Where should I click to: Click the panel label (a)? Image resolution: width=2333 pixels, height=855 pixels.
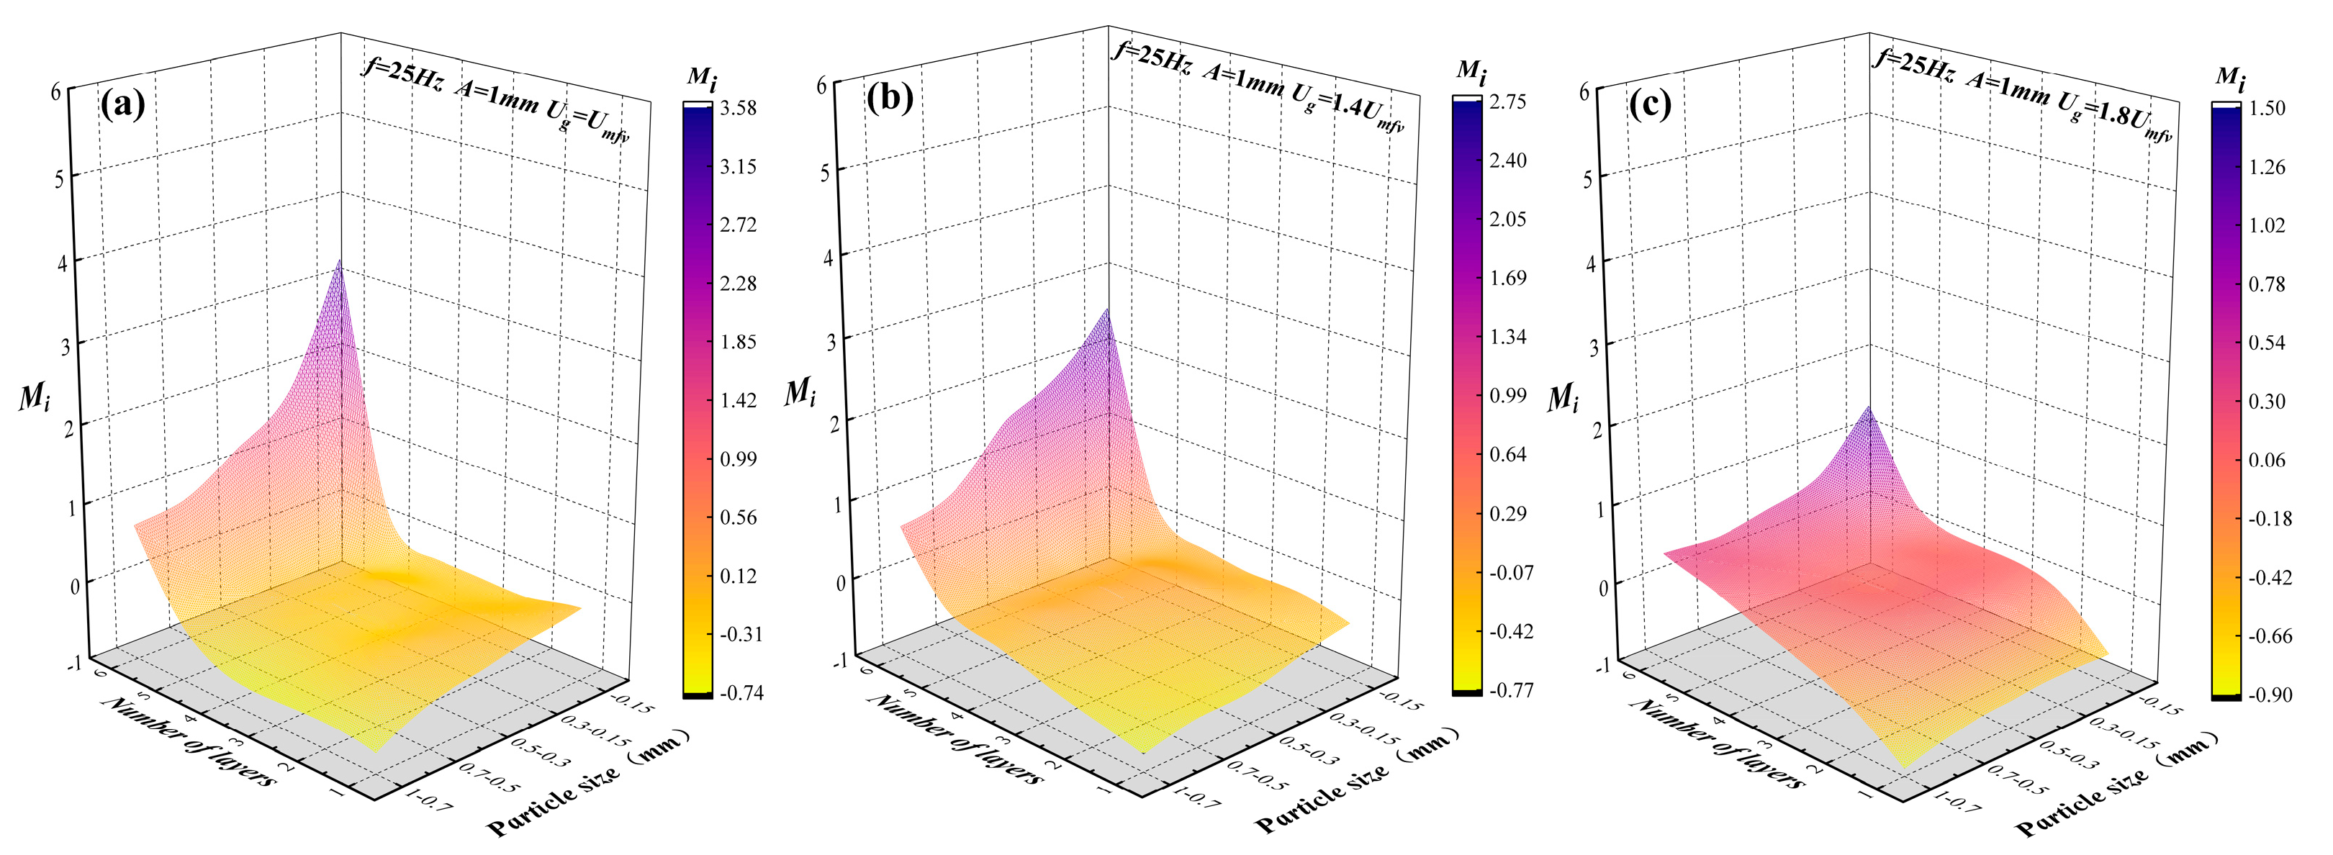point(122,105)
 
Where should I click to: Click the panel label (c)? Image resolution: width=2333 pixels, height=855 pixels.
point(1649,105)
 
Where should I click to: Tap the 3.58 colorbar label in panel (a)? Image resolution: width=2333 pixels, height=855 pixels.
point(738,108)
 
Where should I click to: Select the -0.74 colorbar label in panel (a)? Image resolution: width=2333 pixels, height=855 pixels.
point(741,693)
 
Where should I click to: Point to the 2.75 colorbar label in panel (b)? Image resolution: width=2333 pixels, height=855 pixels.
point(1507,101)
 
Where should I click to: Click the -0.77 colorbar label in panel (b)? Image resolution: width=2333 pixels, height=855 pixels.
point(1510,690)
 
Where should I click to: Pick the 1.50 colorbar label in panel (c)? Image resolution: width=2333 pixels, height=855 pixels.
point(2267,108)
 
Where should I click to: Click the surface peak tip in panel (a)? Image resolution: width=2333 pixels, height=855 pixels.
point(340,261)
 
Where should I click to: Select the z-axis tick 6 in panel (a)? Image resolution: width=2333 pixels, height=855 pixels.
point(56,91)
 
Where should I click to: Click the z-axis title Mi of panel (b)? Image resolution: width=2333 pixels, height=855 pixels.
point(799,393)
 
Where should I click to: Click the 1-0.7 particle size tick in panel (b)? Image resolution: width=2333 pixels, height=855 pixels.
point(1196,797)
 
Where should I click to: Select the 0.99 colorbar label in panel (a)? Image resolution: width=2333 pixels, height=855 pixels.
point(738,459)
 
